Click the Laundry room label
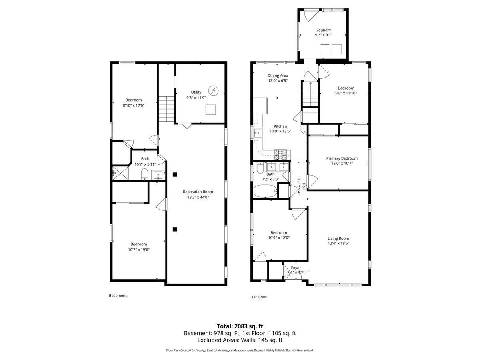[324, 30]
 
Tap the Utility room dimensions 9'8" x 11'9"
[196, 98]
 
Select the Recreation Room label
[198, 192]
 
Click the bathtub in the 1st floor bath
[265, 191]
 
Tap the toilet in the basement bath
[144, 174]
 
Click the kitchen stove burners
[280, 154]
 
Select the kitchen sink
[258, 133]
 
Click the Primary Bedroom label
[342, 158]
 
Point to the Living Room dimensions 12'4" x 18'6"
[338, 243]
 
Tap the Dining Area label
[278, 76]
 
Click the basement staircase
[166, 109]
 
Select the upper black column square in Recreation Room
[175, 174]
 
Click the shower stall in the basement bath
[120, 173]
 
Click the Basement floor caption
[118, 296]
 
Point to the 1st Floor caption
[259, 297]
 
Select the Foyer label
[296, 268]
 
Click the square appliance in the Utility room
[210, 110]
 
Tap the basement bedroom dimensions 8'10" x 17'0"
[134, 106]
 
